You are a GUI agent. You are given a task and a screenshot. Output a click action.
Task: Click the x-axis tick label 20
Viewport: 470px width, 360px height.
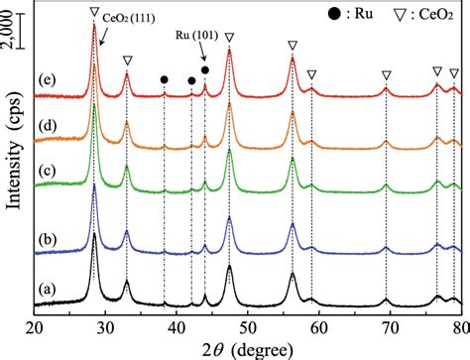(x=35, y=324)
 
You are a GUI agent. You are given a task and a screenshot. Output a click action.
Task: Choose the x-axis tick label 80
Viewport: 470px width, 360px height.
(x=458, y=324)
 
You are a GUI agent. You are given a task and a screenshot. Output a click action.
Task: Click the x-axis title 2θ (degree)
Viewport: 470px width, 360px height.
(x=245, y=346)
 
